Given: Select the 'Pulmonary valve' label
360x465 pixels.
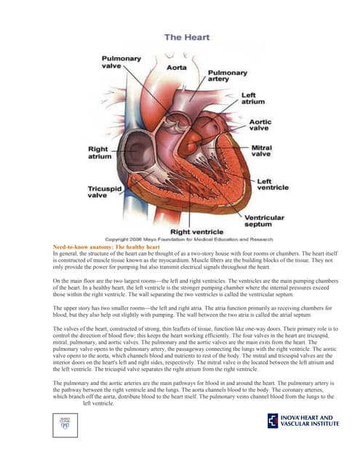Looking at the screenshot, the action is click(x=116, y=62).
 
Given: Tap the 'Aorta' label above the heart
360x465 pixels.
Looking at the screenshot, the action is click(x=177, y=67).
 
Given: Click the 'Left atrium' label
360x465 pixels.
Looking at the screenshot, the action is click(x=258, y=98).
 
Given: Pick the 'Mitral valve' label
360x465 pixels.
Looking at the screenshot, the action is click(x=261, y=150).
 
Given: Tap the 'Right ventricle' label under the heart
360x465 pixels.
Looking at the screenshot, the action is click(x=196, y=231).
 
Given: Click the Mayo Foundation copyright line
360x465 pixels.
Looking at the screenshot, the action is click(x=188, y=239).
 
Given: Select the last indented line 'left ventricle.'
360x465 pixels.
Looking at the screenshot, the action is click(x=99, y=403).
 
